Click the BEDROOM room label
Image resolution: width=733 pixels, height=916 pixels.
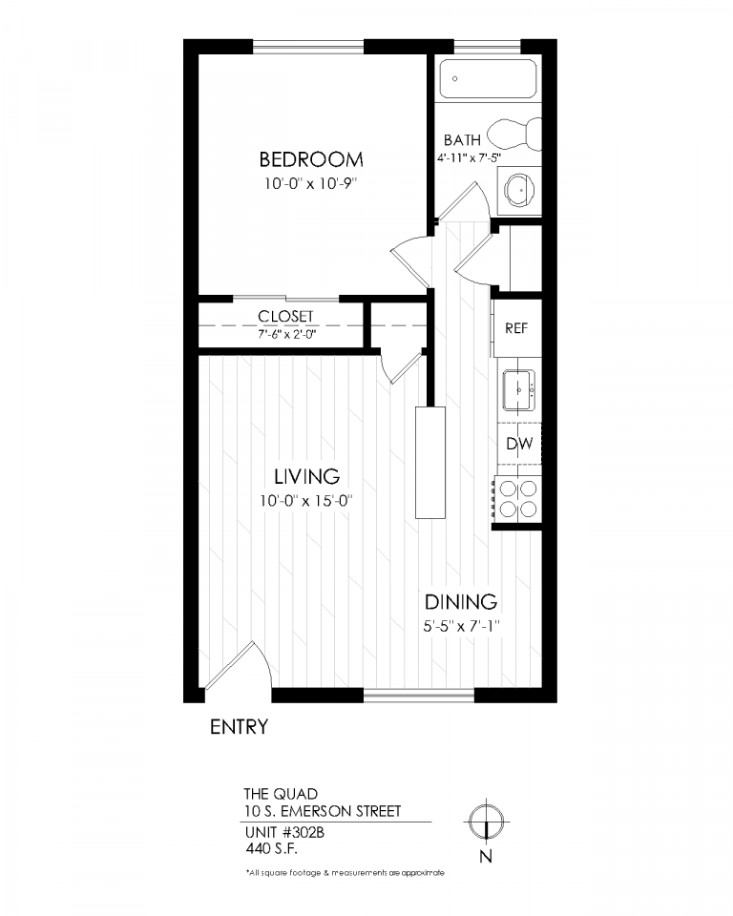pyautogui.click(x=311, y=158)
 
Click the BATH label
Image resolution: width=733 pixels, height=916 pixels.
pyautogui.click(x=462, y=141)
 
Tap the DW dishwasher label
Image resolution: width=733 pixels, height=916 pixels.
pyautogui.click(x=518, y=444)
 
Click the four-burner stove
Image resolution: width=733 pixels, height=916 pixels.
pyautogui.click(x=516, y=498)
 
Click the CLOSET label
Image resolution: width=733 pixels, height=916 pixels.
pyautogui.click(x=285, y=317)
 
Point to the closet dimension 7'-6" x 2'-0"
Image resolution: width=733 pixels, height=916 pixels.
pyautogui.click(x=285, y=335)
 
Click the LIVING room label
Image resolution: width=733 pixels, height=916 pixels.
pyautogui.click(x=307, y=476)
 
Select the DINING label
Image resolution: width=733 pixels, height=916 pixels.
pyautogui.click(x=461, y=602)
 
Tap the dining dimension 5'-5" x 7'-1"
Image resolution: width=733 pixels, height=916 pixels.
pyautogui.click(x=462, y=626)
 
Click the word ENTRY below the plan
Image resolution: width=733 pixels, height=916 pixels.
pyautogui.click(x=238, y=727)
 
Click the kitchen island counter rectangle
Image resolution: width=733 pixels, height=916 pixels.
pyautogui.click(x=430, y=462)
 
